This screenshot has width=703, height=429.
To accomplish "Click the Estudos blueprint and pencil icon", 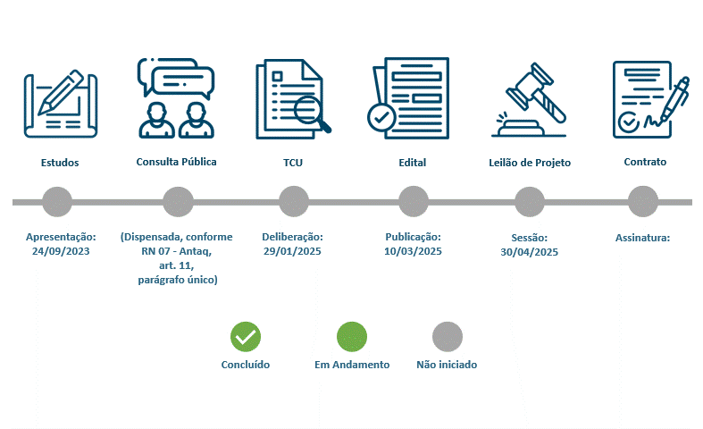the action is pyautogui.click(x=61, y=104).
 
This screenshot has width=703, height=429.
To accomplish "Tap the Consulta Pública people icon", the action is pyautogui.click(x=176, y=97).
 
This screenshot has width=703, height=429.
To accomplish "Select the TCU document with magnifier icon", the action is pyautogui.click(x=293, y=99).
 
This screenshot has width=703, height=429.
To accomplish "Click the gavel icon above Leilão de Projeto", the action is pyautogui.click(x=529, y=99).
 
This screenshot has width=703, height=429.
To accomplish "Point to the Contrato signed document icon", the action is pyautogui.click(x=650, y=99).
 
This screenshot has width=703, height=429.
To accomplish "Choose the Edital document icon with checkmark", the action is pyautogui.click(x=408, y=98).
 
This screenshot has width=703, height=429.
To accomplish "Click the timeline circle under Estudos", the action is pyautogui.click(x=57, y=202).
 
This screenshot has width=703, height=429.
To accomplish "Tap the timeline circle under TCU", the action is pyautogui.click(x=294, y=202).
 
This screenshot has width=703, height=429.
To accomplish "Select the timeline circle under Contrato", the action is pyautogui.click(x=643, y=202).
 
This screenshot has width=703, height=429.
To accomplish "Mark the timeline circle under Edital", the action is pyautogui.click(x=414, y=202).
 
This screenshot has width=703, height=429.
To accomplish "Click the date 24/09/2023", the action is pyautogui.click(x=61, y=251).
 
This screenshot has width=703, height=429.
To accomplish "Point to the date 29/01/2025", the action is pyautogui.click(x=292, y=251).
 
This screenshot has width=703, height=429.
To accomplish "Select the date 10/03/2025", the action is pyautogui.click(x=413, y=251).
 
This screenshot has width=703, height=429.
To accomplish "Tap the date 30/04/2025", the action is pyautogui.click(x=530, y=252).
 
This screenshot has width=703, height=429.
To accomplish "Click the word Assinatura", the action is pyautogui.click(x=642, y=238).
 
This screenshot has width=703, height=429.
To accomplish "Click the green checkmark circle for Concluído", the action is pyautogui.click(x=246, y=337).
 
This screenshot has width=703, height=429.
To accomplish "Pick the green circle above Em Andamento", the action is pyautogui.click(x=352, y=337).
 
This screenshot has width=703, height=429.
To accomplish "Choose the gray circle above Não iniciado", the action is pyautogui.click(x=448, y=337).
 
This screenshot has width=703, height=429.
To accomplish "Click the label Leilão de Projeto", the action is pyautogui.click(x=530, y=163).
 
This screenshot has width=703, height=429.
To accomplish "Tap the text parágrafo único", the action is pyautogui.click(x=178, y=280).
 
